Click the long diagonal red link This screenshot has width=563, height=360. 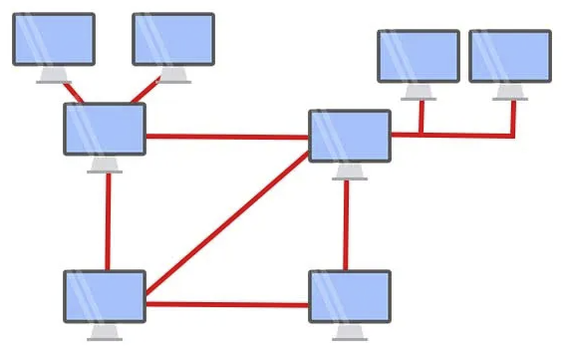tap(227, 223)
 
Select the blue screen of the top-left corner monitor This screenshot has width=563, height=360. tap(53, 39)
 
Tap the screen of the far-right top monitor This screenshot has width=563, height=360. tap(510, 56)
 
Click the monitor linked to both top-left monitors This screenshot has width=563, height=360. tap(105, 129)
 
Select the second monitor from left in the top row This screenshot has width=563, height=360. tap(174, 39)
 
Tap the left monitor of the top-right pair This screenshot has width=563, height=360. tap(419, 56)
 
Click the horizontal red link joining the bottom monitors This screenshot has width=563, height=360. tap(227, 304)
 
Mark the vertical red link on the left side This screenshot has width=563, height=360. tap(107, 219)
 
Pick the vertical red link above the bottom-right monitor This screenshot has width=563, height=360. tap(347, 224)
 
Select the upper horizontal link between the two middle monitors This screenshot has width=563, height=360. tap(227, 136)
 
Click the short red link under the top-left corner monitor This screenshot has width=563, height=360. tap(73, 91)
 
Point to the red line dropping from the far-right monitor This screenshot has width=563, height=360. tap(513, 117)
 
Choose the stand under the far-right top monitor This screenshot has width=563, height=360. tap(510, 91)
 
